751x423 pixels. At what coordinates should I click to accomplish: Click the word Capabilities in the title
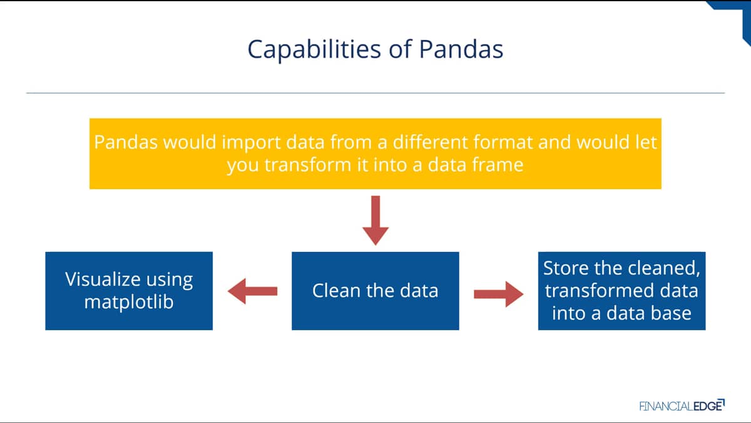pos(314,50)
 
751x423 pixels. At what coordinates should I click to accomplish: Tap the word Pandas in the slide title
pos(461,49)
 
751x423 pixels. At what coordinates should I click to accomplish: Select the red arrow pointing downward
pos(375,221)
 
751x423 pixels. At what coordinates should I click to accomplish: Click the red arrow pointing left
pos(252,291)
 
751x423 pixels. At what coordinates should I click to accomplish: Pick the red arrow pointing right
pos(499,294)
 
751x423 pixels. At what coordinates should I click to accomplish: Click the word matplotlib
pos(129,302)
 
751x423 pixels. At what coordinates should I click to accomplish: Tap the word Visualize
pos(103,279)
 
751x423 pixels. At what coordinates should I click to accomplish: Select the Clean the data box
pos(375,291)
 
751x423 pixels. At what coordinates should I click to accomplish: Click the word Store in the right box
pos(566,268)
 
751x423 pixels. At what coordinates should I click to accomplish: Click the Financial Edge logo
pos(682,405)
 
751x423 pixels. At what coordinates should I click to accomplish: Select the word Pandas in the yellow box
pos(126,142)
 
